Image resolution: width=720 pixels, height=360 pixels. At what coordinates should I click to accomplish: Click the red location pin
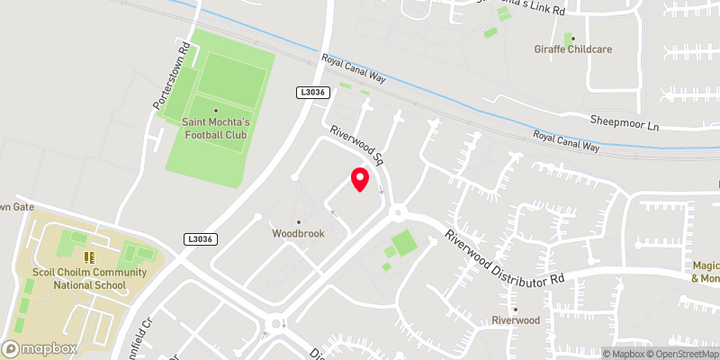pyautogui.click(x=359, y=179)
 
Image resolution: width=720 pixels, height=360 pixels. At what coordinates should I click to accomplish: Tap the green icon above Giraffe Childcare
pyautogui.click(x=569, y=38)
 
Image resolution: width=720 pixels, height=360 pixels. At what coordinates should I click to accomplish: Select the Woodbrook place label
pyautogui.click(x=298, y=233)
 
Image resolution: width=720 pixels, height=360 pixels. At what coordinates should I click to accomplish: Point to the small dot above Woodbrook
pyautogui.click(x=298, y=221)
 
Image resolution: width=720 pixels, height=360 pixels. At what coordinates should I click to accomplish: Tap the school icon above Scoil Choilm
pyautogui.click(x=89, y=256)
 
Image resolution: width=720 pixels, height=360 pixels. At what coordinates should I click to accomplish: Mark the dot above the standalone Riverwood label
pyautogui.click(x=515, y=307)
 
